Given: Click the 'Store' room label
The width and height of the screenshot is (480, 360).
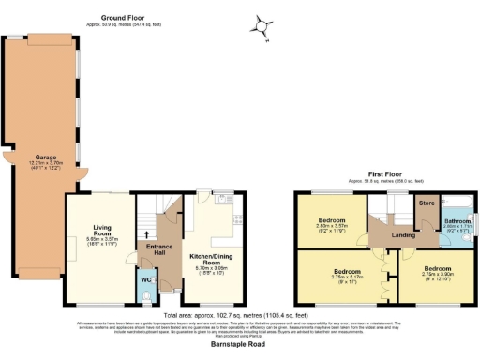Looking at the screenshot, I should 427,202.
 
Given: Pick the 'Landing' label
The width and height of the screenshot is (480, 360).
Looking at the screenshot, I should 404,235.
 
